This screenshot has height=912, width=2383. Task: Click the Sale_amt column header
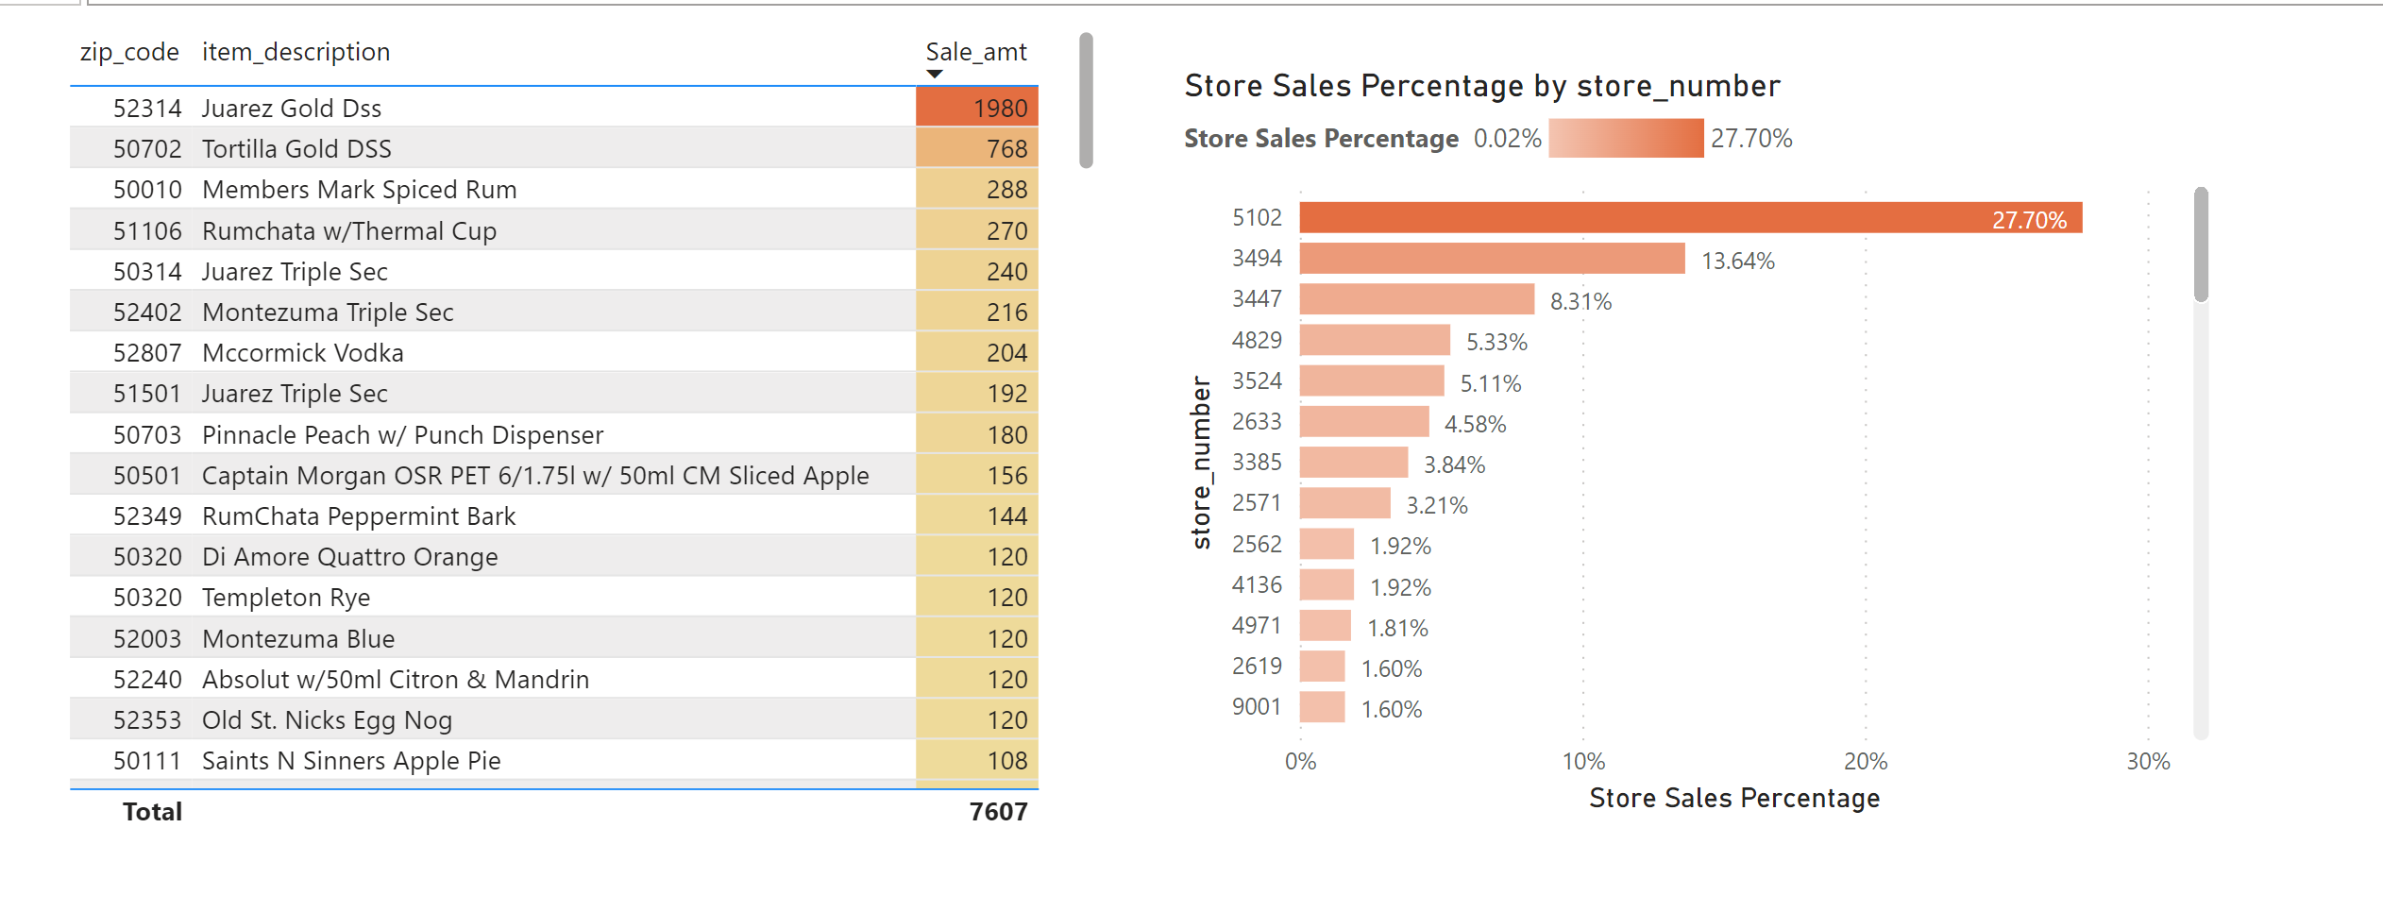coord(975,52)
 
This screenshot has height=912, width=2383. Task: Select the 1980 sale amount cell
coord(977,108)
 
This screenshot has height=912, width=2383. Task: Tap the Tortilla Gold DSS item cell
coord(296,149)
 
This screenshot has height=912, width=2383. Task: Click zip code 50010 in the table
coord(147,190)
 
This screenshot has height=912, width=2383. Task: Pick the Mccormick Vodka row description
coord(302,353)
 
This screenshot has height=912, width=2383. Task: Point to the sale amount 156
coord(1006,476)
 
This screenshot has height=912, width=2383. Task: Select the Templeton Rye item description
coord(286,598)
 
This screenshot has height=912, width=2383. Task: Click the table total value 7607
coord(998,812)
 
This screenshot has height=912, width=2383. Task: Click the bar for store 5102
coord(1690,218)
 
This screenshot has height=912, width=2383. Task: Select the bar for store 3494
coord(1492,259)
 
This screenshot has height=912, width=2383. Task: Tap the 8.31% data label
coord(1580,302)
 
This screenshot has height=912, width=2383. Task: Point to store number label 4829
coord(1257,341)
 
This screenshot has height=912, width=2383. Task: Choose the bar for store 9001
coord(1322,707)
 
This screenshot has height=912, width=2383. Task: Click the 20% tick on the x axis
coord(1865,762)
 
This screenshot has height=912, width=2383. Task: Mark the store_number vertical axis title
coord(1201,463)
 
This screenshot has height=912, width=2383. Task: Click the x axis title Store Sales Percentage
coord(1733,799)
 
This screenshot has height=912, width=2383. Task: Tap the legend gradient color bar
coord(1626,139)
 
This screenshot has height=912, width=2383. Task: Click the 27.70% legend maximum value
coord(1751,139)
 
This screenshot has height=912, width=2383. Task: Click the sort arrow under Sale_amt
coord(935,74)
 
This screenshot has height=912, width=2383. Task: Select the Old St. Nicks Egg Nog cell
coord(327,720)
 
